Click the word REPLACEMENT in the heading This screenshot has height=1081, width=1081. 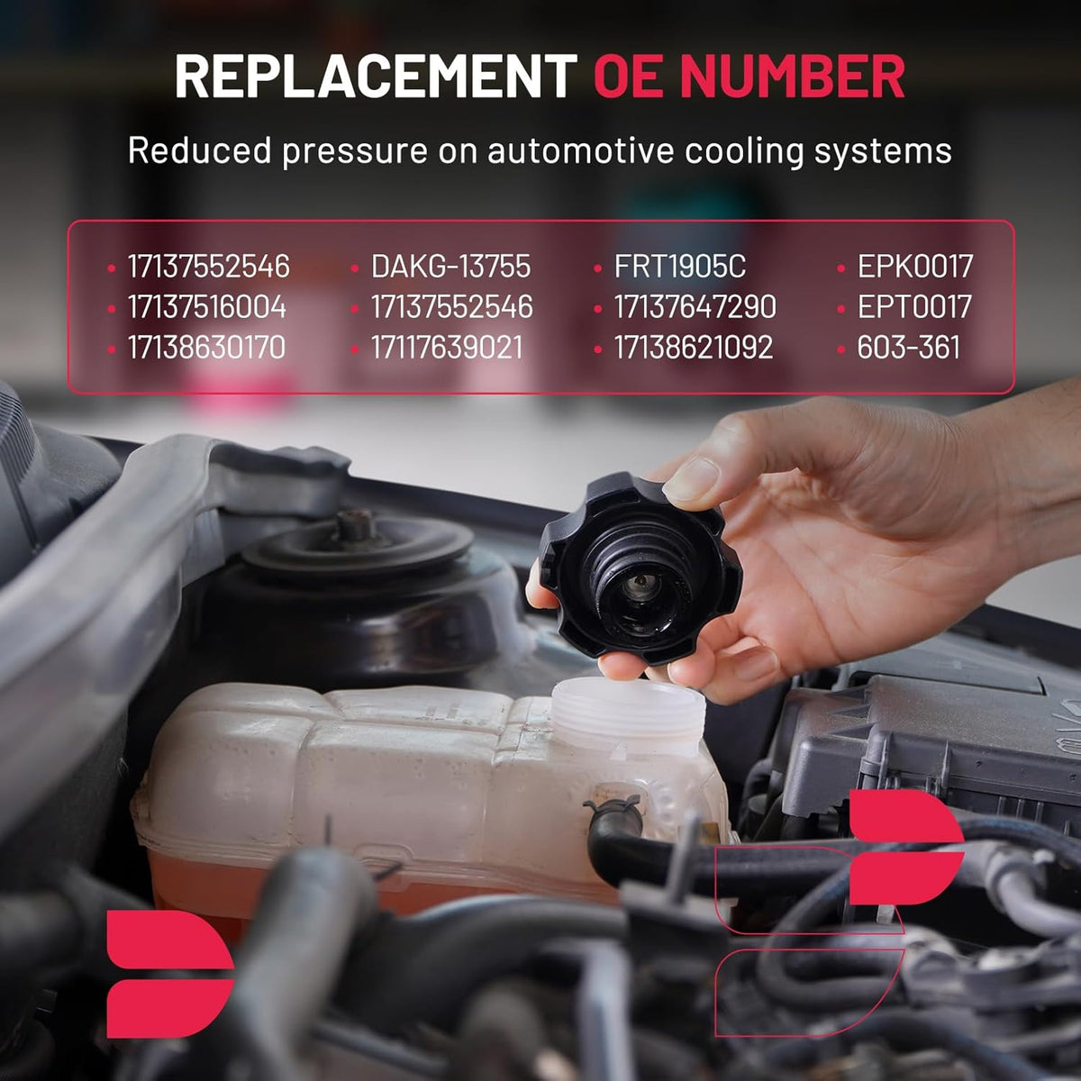coord(376,77)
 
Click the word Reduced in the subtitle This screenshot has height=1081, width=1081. coord(200,150)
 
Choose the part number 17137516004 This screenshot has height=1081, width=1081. coord(207,307)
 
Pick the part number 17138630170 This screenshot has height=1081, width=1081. coord(206,347)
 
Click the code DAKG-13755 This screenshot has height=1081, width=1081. coord(450,266)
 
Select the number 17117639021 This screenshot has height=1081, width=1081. coord(447,347)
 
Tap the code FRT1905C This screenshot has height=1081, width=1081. coord(680,266)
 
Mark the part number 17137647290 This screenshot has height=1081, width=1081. coord(695,307)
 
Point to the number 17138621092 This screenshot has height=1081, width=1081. coord(694,347)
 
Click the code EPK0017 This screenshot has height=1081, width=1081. coord(915,266)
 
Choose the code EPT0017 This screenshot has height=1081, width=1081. coord(914,307)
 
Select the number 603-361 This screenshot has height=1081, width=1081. coord(908,347)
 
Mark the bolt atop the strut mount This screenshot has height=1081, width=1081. coord(355,524)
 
